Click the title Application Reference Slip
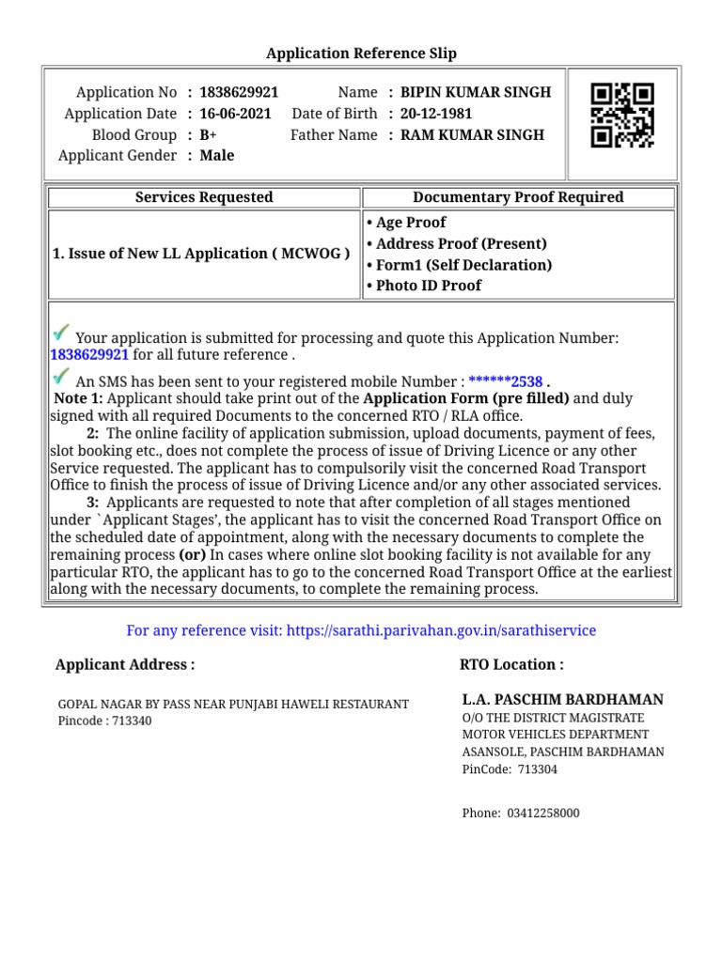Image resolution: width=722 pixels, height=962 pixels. [361, 54]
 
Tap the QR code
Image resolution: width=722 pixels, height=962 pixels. [621, 116]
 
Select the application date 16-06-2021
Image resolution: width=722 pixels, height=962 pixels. [235, 114]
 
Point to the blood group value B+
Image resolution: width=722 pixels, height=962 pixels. [208, 134]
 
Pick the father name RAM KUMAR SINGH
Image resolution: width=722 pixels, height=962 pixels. [472, 134]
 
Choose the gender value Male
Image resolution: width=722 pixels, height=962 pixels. [217, 155]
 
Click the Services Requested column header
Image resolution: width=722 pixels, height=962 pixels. [204, 197]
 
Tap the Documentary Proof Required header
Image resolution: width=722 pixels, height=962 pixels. [518, 197]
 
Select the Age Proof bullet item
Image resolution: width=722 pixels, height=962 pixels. [410, 223]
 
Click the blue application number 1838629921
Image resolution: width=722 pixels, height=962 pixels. [89, 354]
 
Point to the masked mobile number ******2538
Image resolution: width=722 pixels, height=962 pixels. [506, 381]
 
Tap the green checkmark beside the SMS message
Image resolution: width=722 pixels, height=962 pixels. [61, 378]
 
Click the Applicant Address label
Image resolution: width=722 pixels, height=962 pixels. [125, 664]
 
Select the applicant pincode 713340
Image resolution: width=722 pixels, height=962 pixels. [132, 721]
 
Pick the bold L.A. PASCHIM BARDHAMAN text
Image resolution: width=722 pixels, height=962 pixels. [562, 700]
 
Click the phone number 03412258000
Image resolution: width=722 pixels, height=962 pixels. [543, 813]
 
